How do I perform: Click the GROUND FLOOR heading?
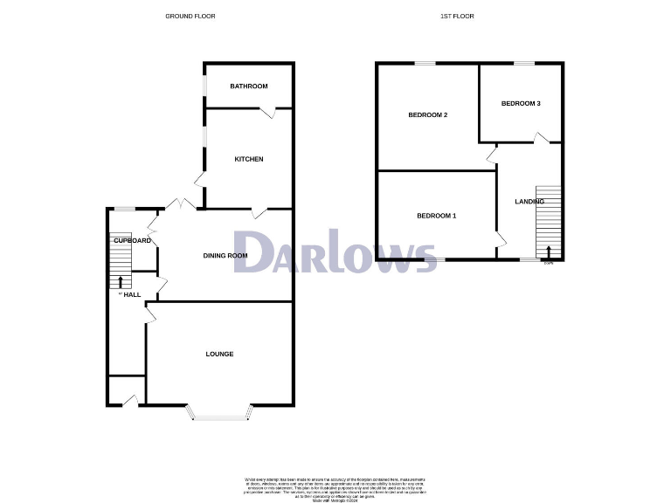tap(190, 17)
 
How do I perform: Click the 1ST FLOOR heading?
tap(458, 17)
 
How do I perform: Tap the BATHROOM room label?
tap(249, 86)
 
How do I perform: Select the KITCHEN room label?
tap(249, 159)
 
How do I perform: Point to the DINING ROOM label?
tap(225, 256)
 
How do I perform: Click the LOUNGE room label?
tap(219, 354)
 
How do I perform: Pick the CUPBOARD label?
tap(133, 240)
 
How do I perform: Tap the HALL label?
tap(132, 295)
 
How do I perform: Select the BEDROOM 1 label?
tap(436, 216)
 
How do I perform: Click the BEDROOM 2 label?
tap(428, 115)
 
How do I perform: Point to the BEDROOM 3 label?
tap(521, 104)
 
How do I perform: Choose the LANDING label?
tap(529, 202)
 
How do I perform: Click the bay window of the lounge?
tap(221, 417)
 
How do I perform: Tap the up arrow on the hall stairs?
tap(120, 281)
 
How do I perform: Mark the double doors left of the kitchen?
tap(183, 204)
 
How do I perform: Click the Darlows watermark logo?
tap(336, 252)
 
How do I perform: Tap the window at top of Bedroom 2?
tap(425, 63)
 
